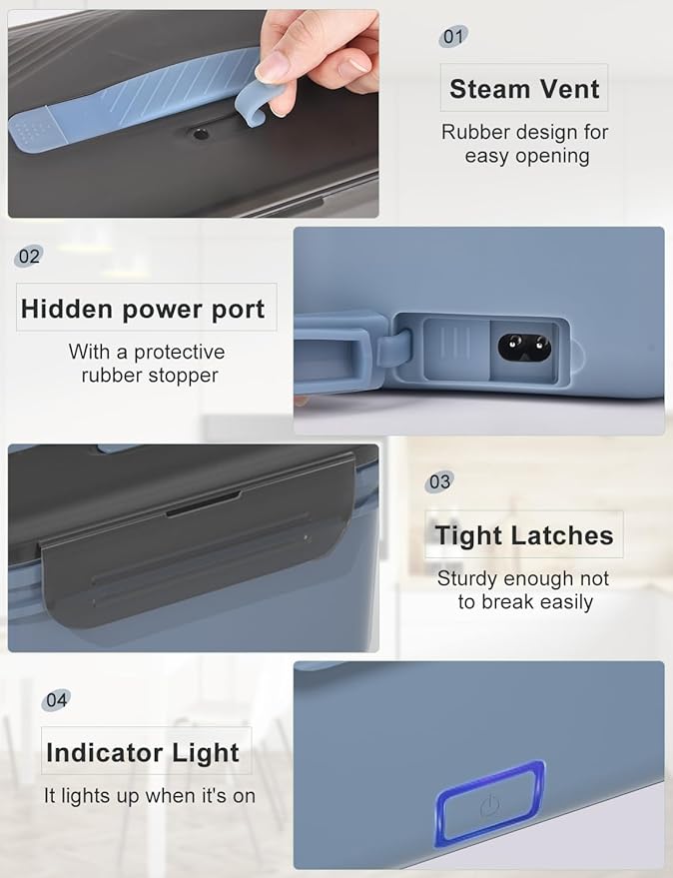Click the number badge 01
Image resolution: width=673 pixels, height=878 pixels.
(453, 37)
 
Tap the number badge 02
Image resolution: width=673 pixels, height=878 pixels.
(29, 257)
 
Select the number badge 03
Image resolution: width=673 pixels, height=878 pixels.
(439, 481)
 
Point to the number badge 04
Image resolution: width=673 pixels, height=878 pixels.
(56, 700)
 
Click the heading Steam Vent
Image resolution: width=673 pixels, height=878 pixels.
(524, 89)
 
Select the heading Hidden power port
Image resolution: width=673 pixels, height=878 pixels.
(143, 309)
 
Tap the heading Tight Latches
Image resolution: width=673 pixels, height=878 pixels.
(524, 534)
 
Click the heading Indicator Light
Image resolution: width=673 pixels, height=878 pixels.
(143, 752)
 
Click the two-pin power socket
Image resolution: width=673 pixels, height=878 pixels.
(524, 349)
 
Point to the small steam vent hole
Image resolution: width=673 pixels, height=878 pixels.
(200, 134)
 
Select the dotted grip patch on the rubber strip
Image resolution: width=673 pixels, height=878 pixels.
(31, 133)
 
